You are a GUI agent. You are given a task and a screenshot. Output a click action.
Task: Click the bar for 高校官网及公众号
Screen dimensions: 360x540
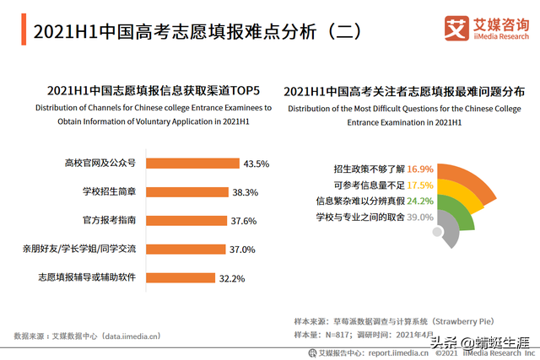(195, 163)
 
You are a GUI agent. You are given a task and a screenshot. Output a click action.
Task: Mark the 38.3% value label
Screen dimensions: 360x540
(245, 192)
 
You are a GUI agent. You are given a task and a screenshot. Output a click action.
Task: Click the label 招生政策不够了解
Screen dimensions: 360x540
(369, 169)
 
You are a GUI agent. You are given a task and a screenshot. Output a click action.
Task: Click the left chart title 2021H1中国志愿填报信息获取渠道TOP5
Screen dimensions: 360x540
(152, 90)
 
